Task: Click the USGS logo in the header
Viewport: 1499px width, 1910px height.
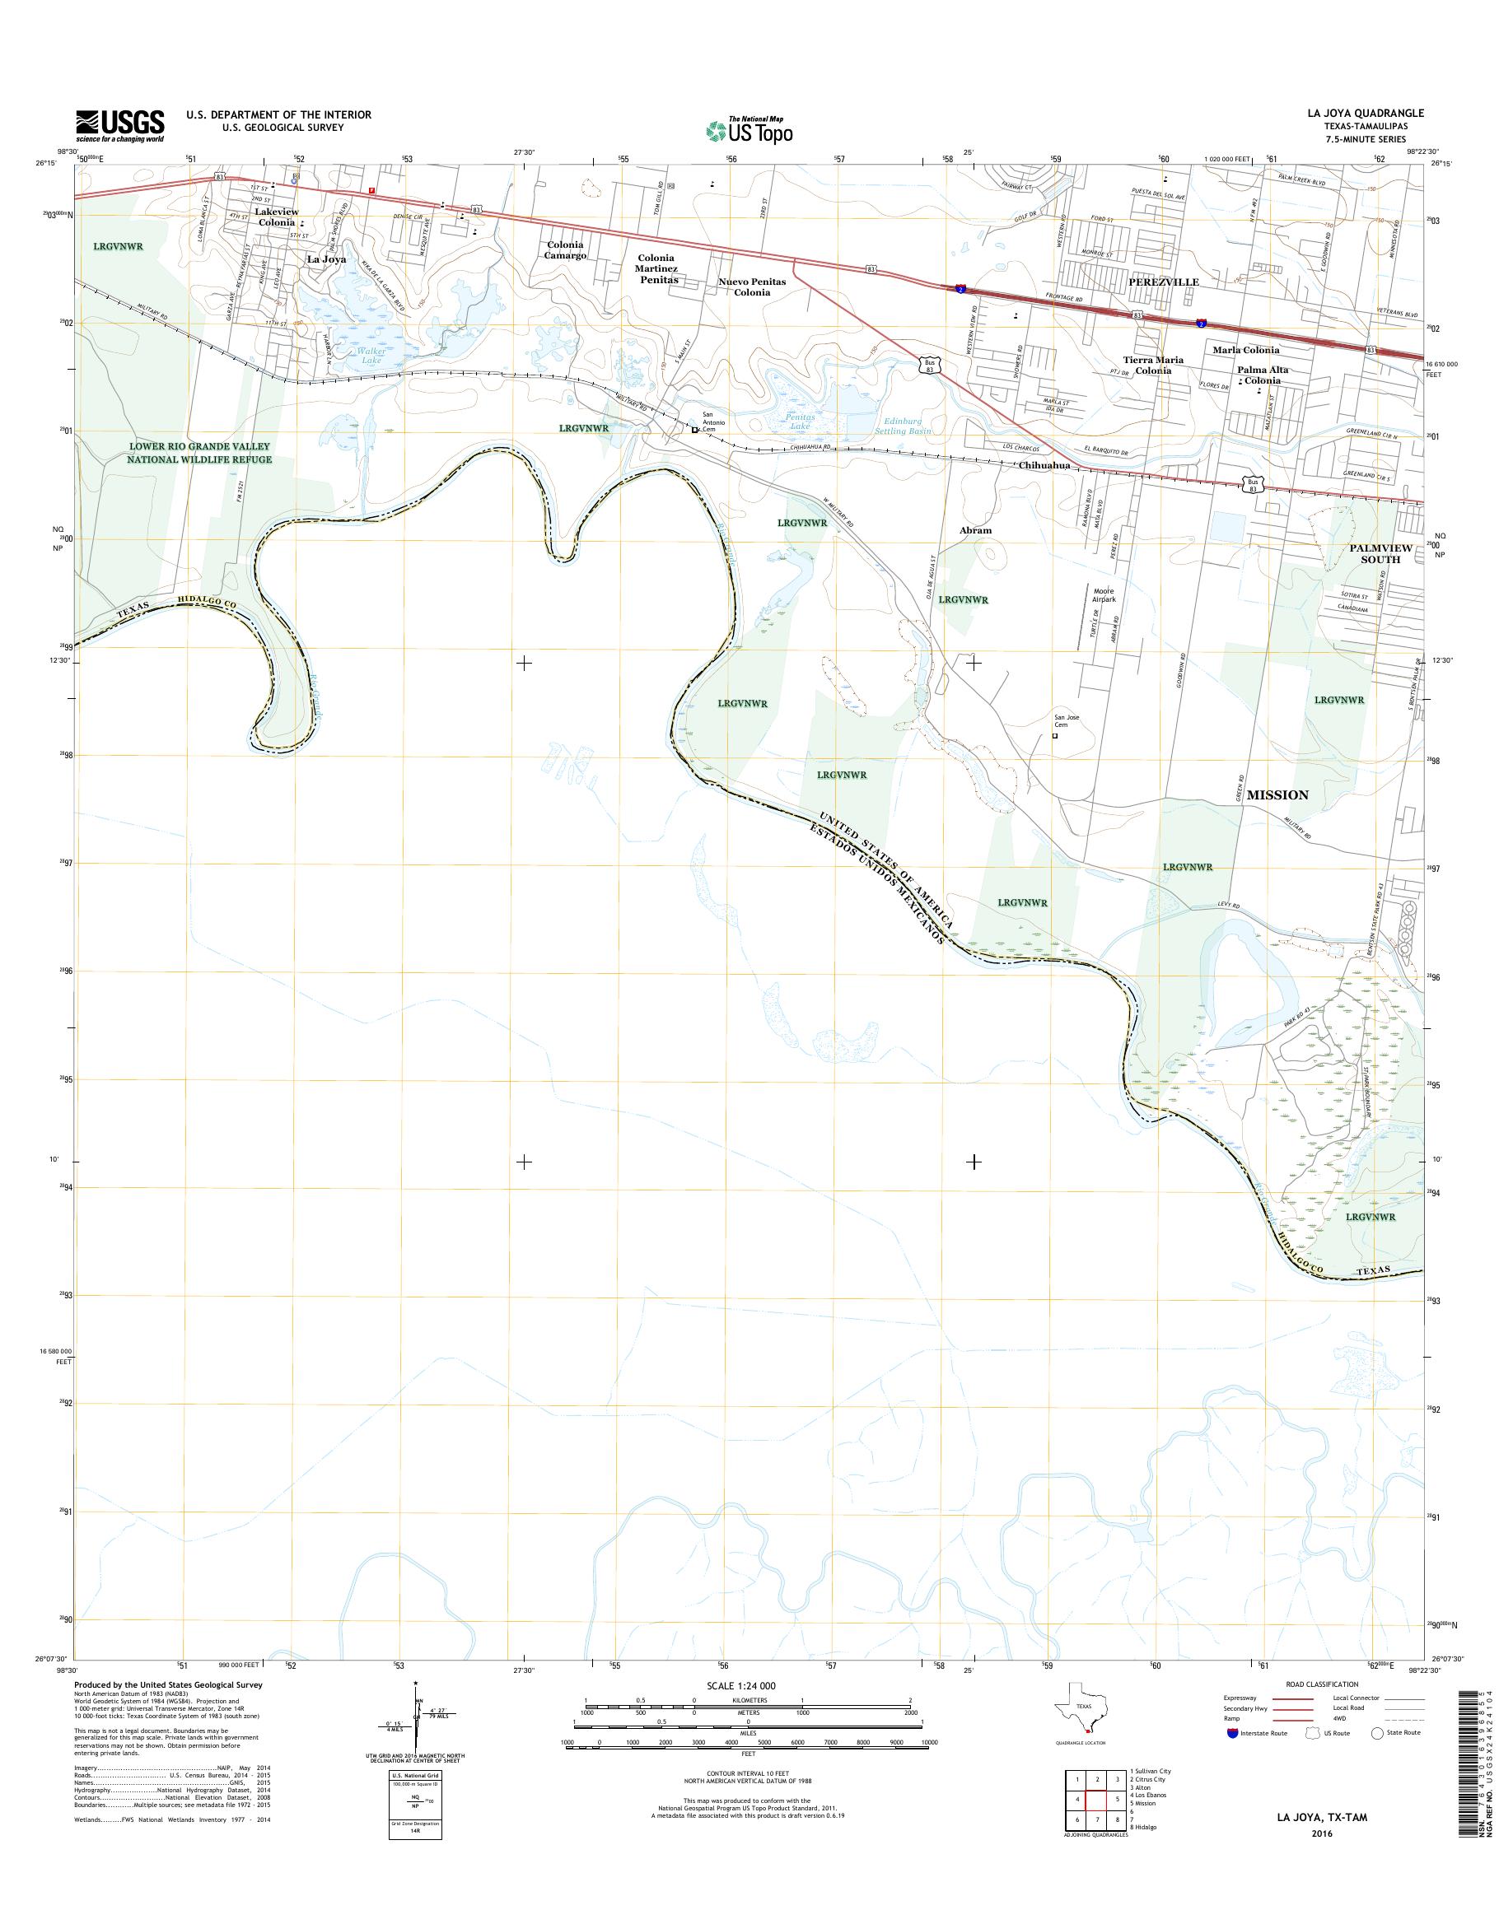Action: [120, 125]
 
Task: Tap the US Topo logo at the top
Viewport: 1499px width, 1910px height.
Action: [749, 130]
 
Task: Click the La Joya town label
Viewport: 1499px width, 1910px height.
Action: [325, 259]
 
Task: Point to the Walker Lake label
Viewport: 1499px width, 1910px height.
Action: [371, 356]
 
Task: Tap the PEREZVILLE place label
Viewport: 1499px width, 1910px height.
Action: [1164, 282]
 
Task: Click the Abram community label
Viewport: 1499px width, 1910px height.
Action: [975, 530]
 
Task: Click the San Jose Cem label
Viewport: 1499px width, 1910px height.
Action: [1067, 721]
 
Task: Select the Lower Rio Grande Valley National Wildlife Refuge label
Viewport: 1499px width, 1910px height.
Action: [199, 453]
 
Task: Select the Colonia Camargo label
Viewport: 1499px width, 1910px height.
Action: [565, 250]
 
